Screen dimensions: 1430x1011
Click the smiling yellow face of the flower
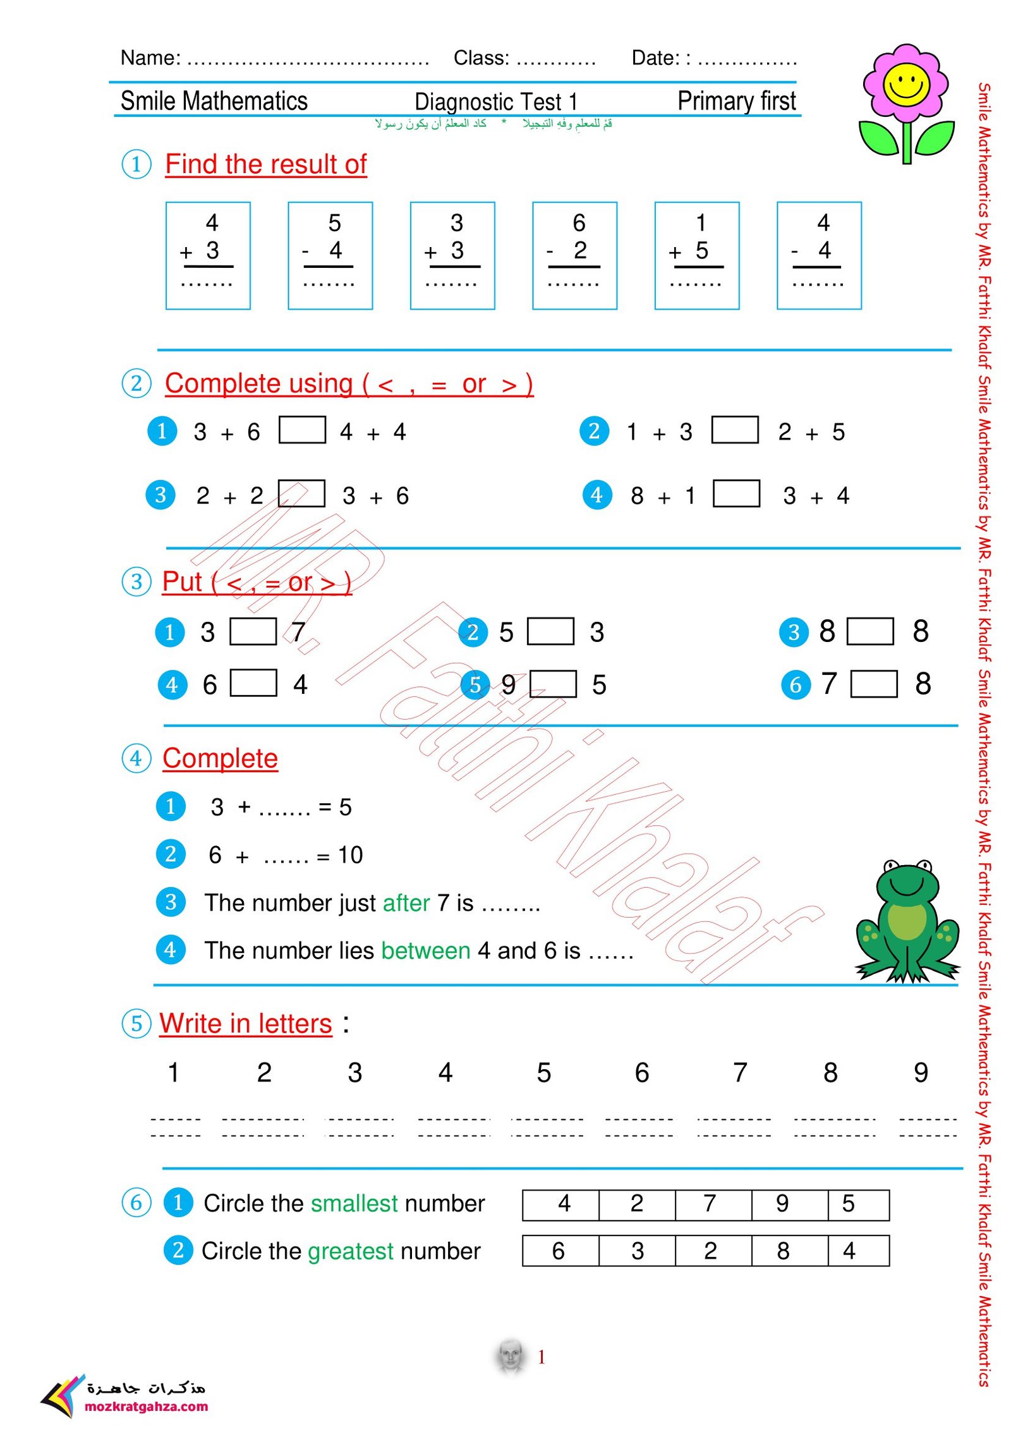click(x=905, y=84)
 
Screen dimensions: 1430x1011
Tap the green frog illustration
click(x=907, y=922)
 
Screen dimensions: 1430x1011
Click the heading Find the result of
click(x=265, y=164)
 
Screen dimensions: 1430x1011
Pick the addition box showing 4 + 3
click(x=208, y=255)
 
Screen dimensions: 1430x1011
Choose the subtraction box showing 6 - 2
click(x=574, y=255)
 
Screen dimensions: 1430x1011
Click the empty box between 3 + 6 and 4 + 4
click(x=302, y=430)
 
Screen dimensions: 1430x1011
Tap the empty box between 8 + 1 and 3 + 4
click(x=736, y=494)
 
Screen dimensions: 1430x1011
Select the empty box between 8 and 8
click(x=869, y=631)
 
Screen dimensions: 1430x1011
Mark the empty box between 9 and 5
click(x=552, y=684)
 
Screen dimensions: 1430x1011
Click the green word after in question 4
click(x=406, y=902)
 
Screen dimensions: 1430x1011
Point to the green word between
click(x=425, y=950)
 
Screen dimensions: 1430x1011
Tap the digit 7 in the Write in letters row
click(x=740, y=1072)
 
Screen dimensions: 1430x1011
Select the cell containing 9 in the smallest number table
click(x=782, y=1204)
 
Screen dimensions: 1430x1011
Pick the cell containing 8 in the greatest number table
click(x=782, y=1251)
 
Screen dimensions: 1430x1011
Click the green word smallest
click(x=354, y=1204)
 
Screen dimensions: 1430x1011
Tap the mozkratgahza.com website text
click(x=146, y=1407)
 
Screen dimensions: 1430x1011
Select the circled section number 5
click(x=136, y=1024)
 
